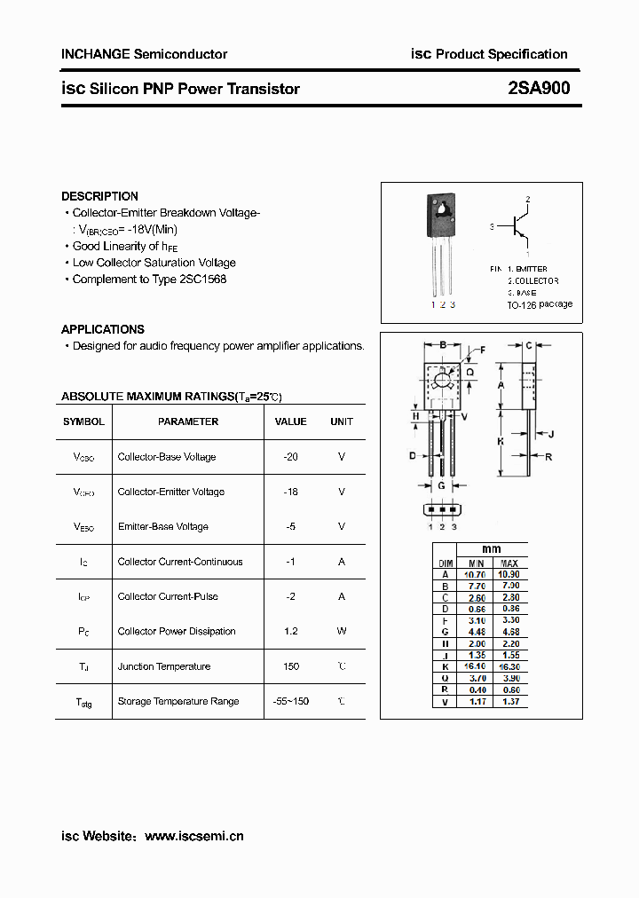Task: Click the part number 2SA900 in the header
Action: pyautogui.click(x=540, y=88)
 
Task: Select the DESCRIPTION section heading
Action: pyautogui.click(x=99, y=196)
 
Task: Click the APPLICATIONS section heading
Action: pyautogui.click(x=102, y=329)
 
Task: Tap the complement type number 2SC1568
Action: pyautogui.click(x=203, y=279)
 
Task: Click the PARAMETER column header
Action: pyautogui.click(x=188, y=421)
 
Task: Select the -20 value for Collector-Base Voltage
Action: pyautogui.click(x=290, y=457)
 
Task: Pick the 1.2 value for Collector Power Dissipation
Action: pyautogui.click(x=290, y=631)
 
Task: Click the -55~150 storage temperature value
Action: pyautogui.click(x=290, y=701)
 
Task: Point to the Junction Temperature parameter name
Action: pyautogui.click(x=164, y=666)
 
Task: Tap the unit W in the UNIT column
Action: pyautogui.click(x=342, y=631)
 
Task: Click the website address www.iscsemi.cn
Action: pyautogui.click(x=193, y=836)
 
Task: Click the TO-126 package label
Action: pyautogui.click(x=540, y=304)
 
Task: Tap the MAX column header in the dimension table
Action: pyautogui.click(x=509, y=563)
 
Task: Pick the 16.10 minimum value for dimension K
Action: pyautogui.click(x=476, y=666)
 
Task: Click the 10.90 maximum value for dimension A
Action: pyautogui.click(x=509, y=574)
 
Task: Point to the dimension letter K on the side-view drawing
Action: pyautogui.click(x=501, y=441)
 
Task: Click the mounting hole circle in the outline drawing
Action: pyautogui.click(x=442, y=381)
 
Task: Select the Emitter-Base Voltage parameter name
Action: pyautogui.click(x=163, y=526)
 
